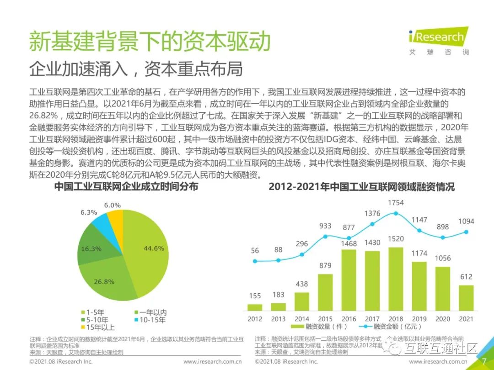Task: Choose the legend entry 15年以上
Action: [98, 327]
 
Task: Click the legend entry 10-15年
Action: [150, 320]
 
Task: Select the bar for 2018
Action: [396, 279]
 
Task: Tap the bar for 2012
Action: [255, 307]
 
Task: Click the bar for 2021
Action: [466, 298]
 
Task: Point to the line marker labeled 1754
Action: [396, 213]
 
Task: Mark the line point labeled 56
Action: [255, 261]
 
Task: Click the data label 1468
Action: [349, 244]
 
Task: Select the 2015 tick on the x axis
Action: [325, 318]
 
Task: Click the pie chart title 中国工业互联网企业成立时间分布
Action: [126, 186]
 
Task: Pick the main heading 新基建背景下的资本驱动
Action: [150, 42]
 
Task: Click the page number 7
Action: [484, 361]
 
